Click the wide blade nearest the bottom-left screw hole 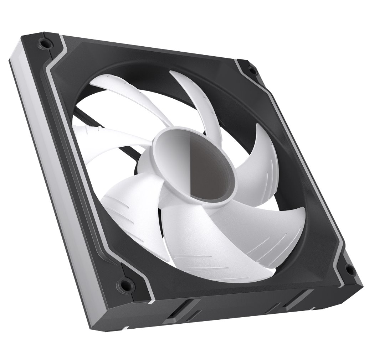tap(128, 210)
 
